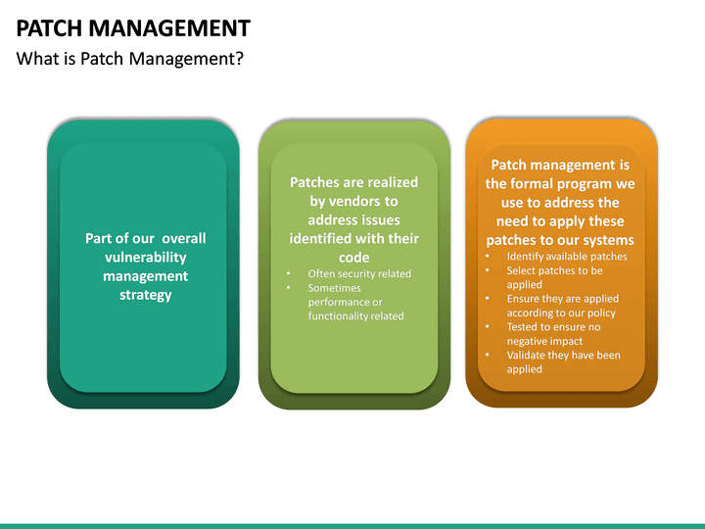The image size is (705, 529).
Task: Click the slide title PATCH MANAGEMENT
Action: pos(133,27)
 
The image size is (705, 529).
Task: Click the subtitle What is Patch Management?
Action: pos(130,59)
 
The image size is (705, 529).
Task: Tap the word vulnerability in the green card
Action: pos(146,257)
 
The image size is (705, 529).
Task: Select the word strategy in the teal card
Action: pos(146,294)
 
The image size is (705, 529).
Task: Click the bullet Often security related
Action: pos(359,273)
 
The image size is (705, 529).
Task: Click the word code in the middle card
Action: pos(353,257)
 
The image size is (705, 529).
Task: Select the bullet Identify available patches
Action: pos(567,257)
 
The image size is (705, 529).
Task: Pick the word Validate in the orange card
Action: pos(529,355)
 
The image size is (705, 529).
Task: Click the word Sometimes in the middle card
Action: pos(334,288)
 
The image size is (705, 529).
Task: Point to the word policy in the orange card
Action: pos(602,313)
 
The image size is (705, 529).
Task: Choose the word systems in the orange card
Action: pos(607,240)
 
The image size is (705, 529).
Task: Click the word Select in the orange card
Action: pos(522,270)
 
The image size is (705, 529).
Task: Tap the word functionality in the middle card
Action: pos(339,315)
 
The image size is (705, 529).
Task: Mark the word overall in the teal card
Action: pos(184,238)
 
